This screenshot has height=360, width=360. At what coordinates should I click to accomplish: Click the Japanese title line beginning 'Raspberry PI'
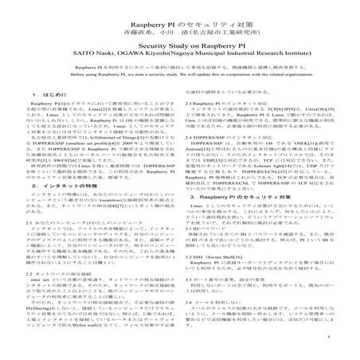pos(180,18)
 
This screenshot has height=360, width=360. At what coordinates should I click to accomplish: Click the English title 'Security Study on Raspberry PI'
pos(180,38)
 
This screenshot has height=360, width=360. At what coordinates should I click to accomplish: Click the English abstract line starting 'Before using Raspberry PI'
pos(180,72)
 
